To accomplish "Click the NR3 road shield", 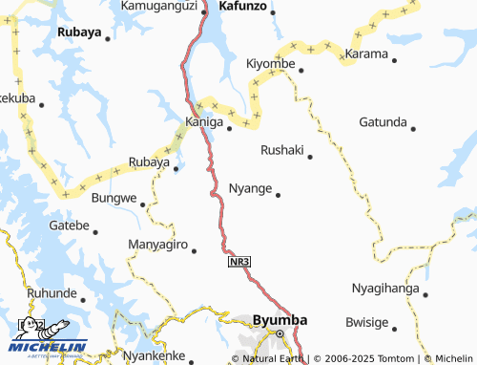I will point(239,261).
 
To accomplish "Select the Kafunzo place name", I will point(245,6).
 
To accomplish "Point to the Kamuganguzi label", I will point(159,6).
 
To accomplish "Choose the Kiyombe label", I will point(270,63).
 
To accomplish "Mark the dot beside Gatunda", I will point(413,125).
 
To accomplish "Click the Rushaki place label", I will point(281,150).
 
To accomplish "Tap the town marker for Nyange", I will point(278,195).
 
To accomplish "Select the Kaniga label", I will point(203,123).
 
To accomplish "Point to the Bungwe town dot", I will point(144,204).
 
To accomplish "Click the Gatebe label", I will point(69,226).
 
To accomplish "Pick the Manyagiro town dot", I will point(195,251).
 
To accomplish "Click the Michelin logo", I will point(48,335).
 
